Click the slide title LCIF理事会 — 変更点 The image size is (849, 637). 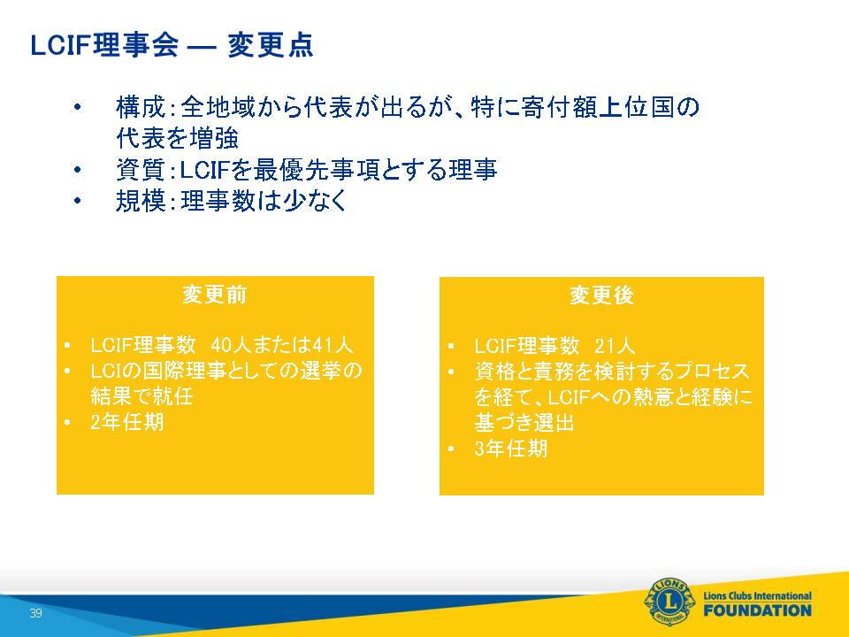(x=172, y=45)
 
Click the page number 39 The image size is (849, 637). (x=35, y=612)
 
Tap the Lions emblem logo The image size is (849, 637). (x=669, y=602)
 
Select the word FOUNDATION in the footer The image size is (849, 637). (x=758, y=610)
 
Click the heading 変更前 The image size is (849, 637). (x=214, y=295)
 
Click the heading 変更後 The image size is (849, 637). (x=601, y=295)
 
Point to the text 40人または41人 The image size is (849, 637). (x=281, y=345)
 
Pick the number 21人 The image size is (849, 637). (x=615, y=346)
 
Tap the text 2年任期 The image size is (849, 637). (x=126, y=422)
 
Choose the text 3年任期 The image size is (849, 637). (x=510, y=449)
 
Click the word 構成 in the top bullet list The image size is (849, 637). (x=141, y=107)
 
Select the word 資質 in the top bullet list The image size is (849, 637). (x=141, y=170)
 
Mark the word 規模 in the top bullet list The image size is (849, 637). (x=141, y=201)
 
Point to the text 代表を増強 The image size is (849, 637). (x=178, y=138)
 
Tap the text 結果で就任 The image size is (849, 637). (x=141, y=396)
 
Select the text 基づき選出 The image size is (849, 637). (x=524, y=423)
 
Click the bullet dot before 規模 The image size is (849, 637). (x=78, y=202)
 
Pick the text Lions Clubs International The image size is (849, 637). (x=758, y=595)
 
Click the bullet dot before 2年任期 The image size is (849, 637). (x=67, y=423)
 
